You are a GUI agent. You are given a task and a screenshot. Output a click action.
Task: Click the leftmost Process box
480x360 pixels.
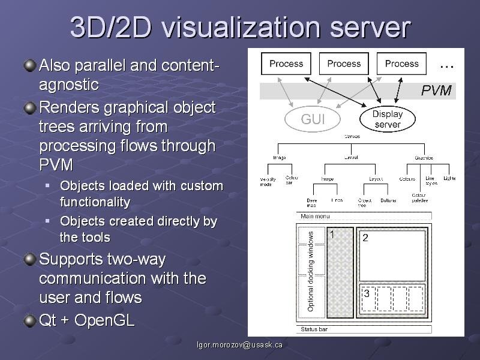[x=286, y=64]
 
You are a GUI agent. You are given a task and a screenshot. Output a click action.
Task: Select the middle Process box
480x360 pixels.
[x=344, y=64]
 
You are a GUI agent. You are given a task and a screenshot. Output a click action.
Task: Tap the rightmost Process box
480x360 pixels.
[x=401, y=64]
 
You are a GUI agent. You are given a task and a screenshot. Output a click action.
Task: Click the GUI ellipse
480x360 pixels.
[x=313, y=119]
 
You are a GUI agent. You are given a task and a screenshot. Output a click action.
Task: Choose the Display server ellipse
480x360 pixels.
[x=388, y=119]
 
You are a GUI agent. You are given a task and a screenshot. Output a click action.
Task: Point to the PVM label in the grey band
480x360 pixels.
[x=436, y=91]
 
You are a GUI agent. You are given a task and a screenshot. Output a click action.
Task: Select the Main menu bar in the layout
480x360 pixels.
[x=364, y=216]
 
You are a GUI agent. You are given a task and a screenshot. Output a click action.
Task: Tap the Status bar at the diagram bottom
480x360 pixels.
[x=364, y=329]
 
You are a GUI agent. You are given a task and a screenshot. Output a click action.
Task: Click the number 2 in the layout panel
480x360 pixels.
[x=365, y=238]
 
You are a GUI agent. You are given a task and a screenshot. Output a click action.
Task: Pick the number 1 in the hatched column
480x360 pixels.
[x=332, y=235]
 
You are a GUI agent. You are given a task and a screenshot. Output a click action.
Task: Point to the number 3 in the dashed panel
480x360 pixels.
[x=367, y=294]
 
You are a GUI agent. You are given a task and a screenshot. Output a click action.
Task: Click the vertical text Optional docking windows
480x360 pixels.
[x=311, y=271]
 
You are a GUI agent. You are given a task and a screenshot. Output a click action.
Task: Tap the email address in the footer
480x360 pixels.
[x=240, y=345]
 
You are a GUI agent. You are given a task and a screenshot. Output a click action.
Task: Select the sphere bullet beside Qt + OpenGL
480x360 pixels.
[x=29, y=320]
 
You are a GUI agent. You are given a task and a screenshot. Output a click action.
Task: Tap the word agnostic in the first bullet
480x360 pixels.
[x=68, y=85]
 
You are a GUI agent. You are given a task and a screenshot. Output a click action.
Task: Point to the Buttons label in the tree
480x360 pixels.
[x=388, y=200]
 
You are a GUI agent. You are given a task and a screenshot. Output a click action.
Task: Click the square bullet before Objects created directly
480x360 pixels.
[x=48, y=221]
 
